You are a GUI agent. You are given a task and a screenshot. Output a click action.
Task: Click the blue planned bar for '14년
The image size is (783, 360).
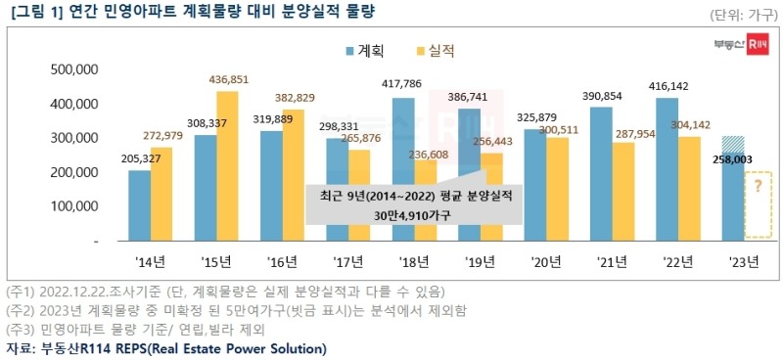[x=140, y=205]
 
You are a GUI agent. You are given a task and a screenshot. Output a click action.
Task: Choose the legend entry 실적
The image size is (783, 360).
[x=434, y=51]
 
